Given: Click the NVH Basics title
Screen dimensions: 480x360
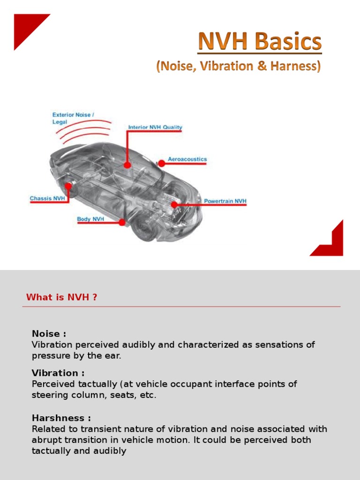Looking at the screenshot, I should click(260, 43).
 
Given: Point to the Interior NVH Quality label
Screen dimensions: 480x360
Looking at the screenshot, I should click(155, 127).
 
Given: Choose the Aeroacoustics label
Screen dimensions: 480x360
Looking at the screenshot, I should click(187, 159).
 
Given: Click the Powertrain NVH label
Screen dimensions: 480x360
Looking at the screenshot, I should click(225, 201).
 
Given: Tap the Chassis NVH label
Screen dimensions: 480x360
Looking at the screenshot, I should click(47, 198).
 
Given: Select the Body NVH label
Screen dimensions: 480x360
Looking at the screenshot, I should click(90, 219).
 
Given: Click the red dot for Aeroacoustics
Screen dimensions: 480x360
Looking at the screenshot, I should click(161, 163).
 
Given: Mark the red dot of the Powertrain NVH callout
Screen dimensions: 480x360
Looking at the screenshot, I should click(174, 204).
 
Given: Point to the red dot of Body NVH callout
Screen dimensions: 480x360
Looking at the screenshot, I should click(122, 223).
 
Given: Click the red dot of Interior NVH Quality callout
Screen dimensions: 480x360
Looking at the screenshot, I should click(127, 165).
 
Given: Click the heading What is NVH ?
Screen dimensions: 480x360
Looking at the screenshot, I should click(62, 297).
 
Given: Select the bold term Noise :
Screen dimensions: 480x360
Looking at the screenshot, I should click(49, 334).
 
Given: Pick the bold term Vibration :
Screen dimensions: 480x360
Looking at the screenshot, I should click(58, 373).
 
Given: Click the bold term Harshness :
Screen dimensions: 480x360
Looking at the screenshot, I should click(61, 418).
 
